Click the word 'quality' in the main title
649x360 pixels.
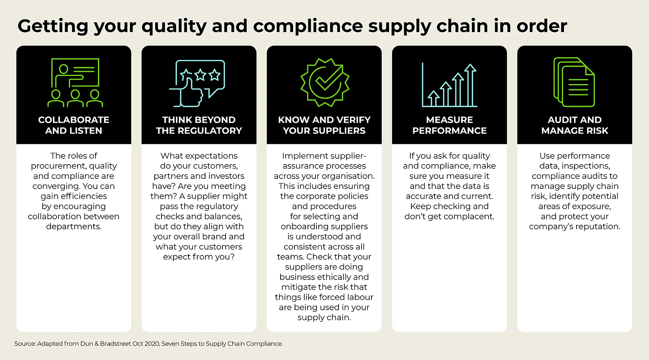click(174, 26)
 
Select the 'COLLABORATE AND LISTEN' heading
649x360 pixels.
click(74, 125)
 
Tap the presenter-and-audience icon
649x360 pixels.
click(75, 83)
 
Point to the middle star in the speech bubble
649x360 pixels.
click(200, 75)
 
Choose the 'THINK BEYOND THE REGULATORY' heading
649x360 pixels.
click(199, 125)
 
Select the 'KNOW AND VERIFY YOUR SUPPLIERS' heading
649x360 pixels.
click(324, 125)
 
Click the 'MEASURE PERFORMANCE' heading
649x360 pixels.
click(449, 125)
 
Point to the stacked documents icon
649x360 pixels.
click(574, 82)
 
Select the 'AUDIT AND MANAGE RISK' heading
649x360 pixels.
click(574, 125)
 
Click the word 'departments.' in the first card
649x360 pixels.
click(74, 227)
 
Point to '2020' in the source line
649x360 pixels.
click(152, 344)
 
